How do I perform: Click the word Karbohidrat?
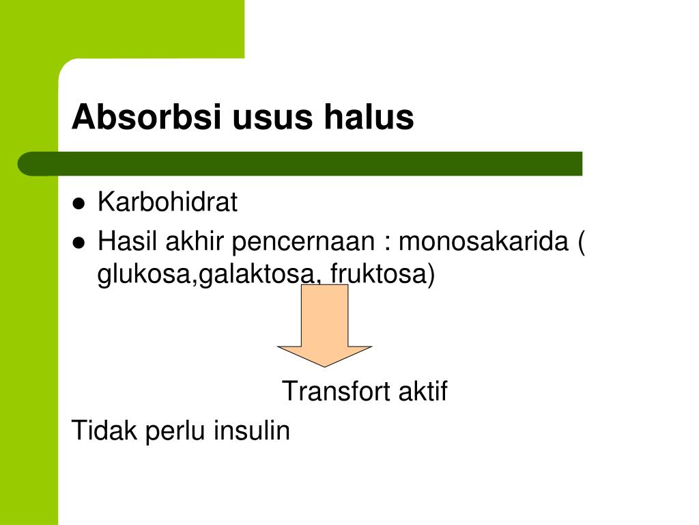[x=167, y=202]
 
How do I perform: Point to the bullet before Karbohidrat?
[x=79, y=204]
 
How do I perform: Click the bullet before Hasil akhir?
[x=79, y=243]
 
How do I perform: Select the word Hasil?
[x=126, y=241]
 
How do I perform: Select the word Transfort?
[x=334, y=392]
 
